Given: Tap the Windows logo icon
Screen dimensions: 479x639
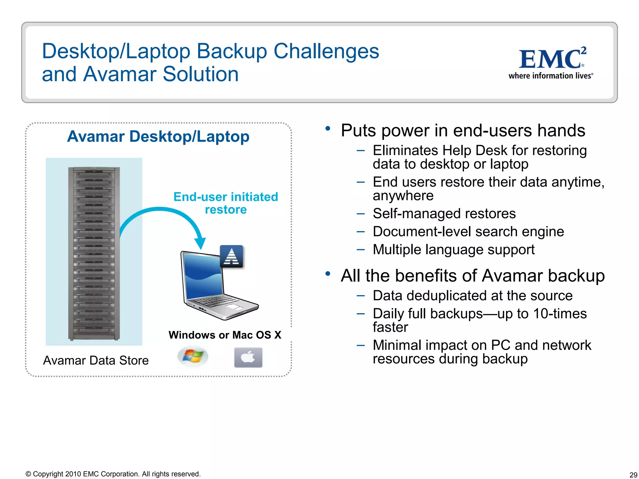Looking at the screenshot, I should [x=193, y=356].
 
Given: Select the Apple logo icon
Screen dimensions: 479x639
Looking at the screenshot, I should [x=248, y=357].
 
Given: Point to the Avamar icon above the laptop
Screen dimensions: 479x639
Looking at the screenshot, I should [x=232, y=256].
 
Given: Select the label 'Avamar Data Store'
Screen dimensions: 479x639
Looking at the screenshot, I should [x=96, y=360].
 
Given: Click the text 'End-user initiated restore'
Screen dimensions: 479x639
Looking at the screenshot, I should [x=226, y=203].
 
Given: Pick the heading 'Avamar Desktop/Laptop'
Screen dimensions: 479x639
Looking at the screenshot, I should [x=158, y=137].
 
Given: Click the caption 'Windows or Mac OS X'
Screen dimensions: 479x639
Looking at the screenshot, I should [x=225, y=335].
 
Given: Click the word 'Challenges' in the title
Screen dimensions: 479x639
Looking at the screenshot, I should [x=326, y=51].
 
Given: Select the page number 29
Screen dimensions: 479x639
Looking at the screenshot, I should [x=633, y=475].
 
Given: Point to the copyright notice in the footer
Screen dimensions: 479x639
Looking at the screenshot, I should [x=113, y=474].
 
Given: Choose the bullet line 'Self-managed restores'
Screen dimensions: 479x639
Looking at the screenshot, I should [x=444, y=214].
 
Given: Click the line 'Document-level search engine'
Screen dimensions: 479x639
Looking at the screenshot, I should [x=468, y=232].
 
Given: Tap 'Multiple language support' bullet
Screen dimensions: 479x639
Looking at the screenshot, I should [x=453, y=249].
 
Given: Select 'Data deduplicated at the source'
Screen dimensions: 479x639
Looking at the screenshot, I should [x=472, y=296].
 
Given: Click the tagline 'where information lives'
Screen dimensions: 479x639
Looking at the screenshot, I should [x=550, y=76].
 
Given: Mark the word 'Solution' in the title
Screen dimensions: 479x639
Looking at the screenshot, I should [x=201, y=74].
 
